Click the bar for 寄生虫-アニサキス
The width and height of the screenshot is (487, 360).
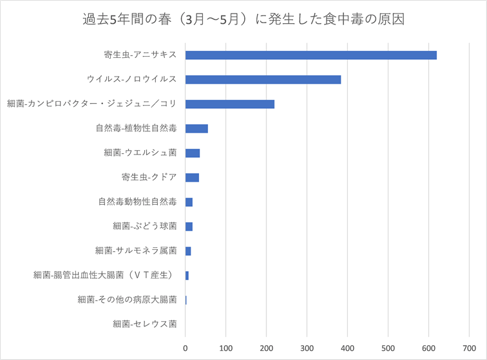coord(310,55)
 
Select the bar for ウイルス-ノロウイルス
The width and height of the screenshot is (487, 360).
coord(263,79)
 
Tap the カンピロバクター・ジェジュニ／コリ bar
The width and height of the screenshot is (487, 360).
coord(230,104)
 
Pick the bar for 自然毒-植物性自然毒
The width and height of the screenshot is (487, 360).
coord(196,128)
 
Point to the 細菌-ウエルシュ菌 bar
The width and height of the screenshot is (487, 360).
coord(193,153)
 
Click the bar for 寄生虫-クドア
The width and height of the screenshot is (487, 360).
coord(192,177)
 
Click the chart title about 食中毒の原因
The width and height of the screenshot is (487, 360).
coord(243,19)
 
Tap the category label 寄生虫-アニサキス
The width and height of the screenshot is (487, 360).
coord(140,55)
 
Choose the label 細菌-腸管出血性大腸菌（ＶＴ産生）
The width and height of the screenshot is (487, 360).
coord(104,275)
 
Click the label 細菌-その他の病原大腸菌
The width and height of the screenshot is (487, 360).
coord(127,299)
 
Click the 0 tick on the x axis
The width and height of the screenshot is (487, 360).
coord(186,348)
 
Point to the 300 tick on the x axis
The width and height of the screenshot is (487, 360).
coord(307,348)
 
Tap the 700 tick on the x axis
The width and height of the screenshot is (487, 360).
coord(468,348)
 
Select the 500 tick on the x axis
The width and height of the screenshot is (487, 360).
coord(388,348)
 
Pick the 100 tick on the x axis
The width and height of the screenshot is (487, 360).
coord(225,348)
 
